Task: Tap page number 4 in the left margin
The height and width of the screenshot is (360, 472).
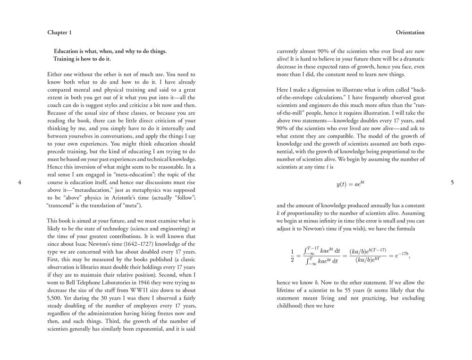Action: [19, 183]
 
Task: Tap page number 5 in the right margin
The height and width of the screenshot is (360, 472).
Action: [452, 183]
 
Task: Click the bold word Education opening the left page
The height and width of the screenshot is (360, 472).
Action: [68, 51]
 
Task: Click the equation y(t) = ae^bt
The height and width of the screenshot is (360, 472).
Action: [350, 184]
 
